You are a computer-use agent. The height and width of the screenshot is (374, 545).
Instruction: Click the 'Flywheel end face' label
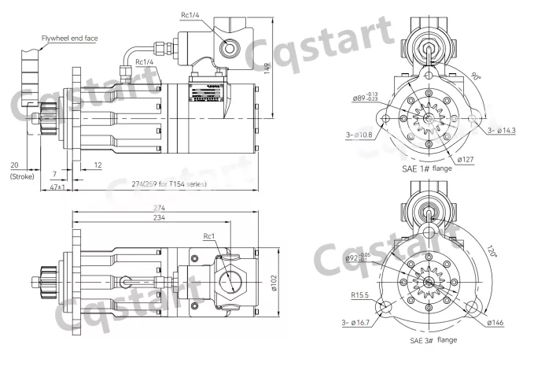point(69,38)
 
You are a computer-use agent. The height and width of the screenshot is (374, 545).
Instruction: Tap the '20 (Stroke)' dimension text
point(15,171)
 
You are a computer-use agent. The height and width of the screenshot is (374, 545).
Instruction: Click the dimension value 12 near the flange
point(97,165)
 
